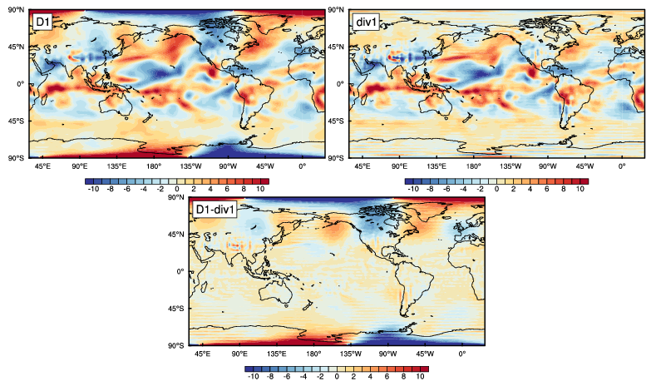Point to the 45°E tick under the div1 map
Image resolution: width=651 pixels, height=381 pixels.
pos(362,166)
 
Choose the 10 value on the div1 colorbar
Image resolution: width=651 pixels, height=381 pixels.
pos(581,190)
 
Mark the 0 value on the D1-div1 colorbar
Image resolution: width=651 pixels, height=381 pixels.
pos(337,377)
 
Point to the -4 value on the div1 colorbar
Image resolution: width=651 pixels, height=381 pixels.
pos(461,190)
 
